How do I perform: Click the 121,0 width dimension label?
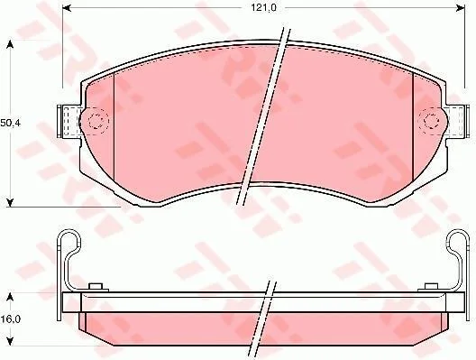click(x=263, y=8)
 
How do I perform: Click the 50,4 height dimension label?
click(x=10, y=123)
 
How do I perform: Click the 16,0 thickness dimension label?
click(x=10, y=319)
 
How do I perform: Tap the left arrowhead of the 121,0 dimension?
click(x=67, y=8)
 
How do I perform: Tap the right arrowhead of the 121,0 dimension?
click(x=461, y=8)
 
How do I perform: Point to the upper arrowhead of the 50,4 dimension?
click(x=10, y=44)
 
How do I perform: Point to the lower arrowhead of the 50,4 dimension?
click(x=10, y=203)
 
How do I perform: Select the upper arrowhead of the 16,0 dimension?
click(x=10, y=297)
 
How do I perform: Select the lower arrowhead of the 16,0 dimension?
click(x=10, y=341)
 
